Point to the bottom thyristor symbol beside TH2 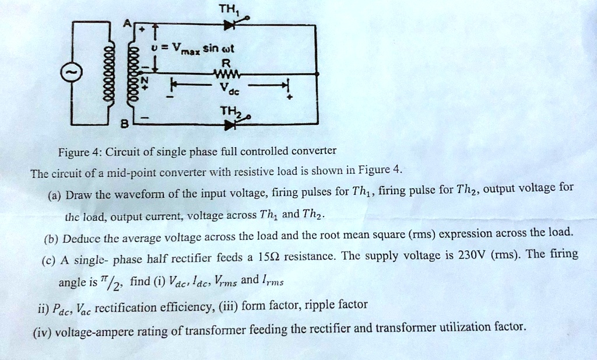click(x=231, y=124)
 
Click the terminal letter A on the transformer click(x=124, y=22)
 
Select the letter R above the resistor click(x=227, y=63)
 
